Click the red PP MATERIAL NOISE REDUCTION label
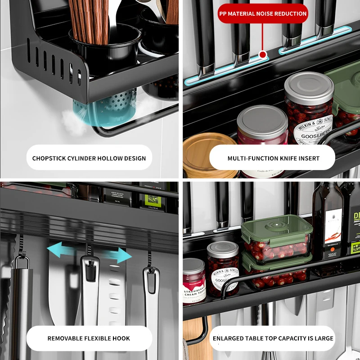pos(263,14)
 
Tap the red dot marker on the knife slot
pos(263,55)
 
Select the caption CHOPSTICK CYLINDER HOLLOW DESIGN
pos(89,158)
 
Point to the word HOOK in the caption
pos(121,338)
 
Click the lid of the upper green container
pos(276,225)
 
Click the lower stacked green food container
pos(276,270)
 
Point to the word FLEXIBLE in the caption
pos(89,338)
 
